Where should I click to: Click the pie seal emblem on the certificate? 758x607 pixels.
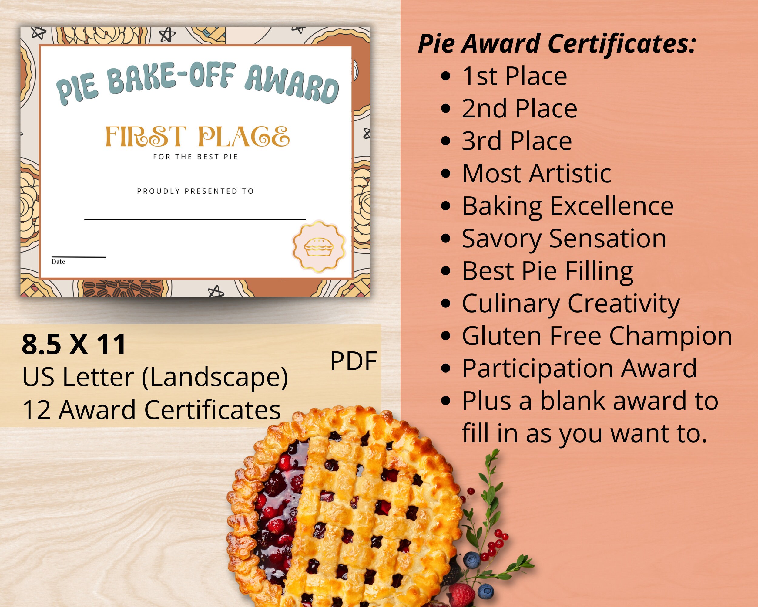click(319, 247)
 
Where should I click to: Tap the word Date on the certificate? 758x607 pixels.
click(58, 261)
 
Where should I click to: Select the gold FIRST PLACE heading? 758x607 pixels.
click(197, 137)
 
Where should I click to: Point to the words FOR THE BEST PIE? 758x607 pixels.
click(196, 157)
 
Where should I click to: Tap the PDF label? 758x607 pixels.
click(353, 361)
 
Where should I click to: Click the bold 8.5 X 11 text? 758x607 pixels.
click(74, 344)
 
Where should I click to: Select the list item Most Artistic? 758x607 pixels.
click(536, 174)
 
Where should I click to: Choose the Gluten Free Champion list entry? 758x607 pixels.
click(597, 336)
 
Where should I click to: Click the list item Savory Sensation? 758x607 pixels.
click(564, 239)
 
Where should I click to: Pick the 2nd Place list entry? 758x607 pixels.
click(519, 108)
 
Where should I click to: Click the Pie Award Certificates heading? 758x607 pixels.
click(557, 44)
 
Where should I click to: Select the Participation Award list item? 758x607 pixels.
click(579, 368)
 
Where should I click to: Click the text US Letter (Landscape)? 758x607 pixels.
click(155, 377)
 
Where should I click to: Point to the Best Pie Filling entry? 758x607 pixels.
click(547, 271)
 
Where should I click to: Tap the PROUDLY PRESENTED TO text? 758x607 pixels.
click(196, 191)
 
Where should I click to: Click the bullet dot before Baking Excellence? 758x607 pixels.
click(445, 206)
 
